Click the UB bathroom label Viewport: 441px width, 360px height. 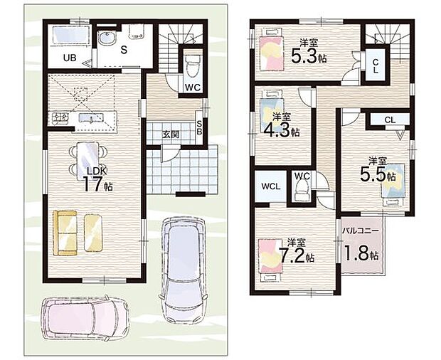point(70,58)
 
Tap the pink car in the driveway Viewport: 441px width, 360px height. point(86,318)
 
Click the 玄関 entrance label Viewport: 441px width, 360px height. point(171,134)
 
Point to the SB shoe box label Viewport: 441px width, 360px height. point(199,127)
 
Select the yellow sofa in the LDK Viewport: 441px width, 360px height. point(65,233)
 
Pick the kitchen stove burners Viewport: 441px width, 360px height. point(58,117)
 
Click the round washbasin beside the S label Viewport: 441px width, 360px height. point(107,38)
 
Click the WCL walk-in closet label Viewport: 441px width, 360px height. point(270,186)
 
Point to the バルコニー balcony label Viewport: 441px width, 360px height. point(361,231)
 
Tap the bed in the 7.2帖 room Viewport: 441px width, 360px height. point(270,260)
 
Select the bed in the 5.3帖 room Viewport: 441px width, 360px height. point(271,48)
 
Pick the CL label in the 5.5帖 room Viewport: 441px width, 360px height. point(390,120)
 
